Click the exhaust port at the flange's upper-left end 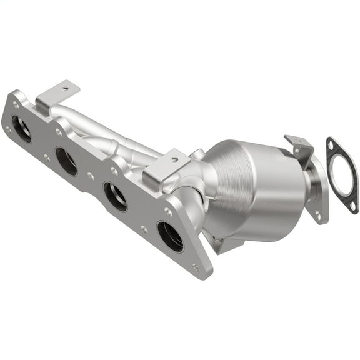21,128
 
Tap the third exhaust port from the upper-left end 115,196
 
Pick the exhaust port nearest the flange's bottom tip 170,236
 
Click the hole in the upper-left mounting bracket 64,89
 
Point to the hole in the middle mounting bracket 169,159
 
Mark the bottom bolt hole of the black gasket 354,207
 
